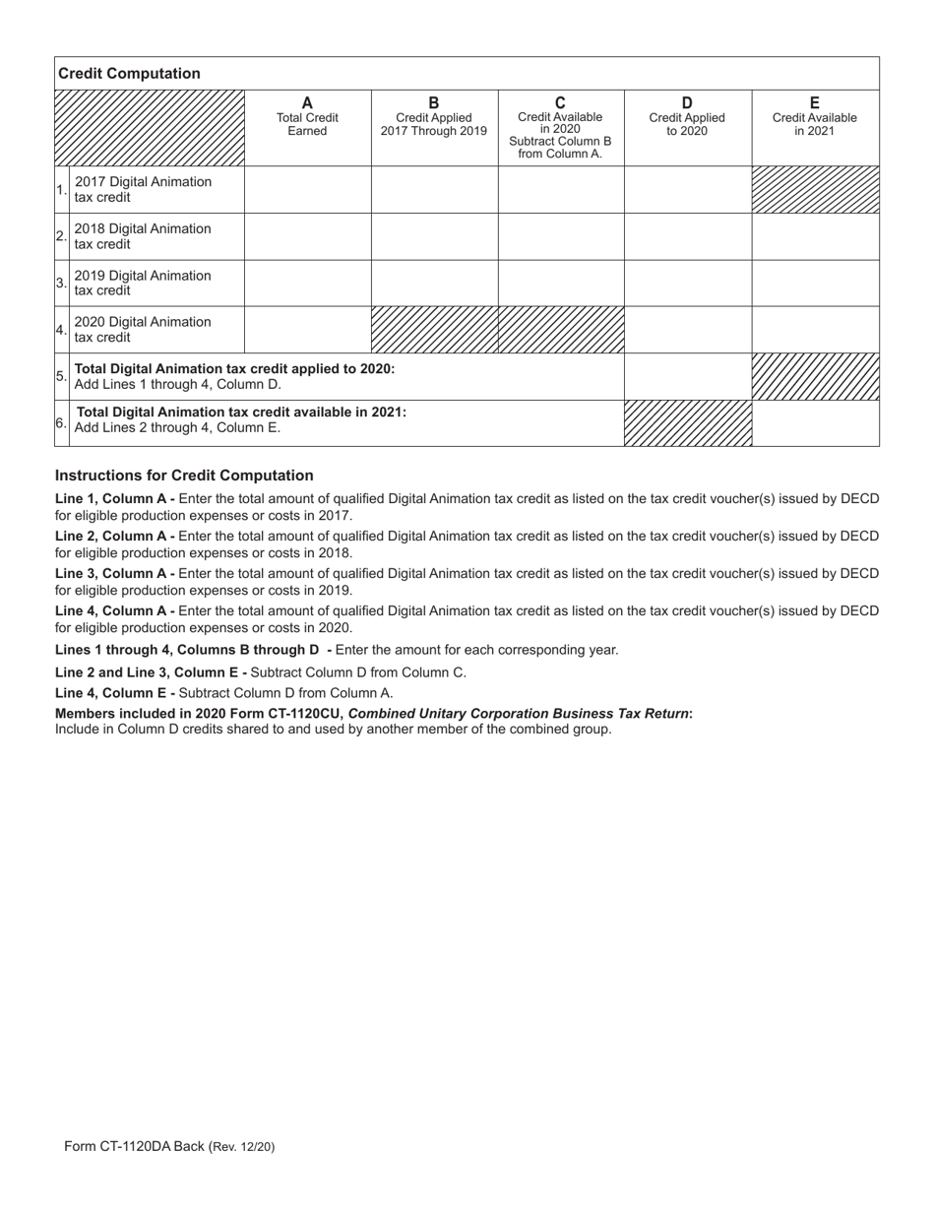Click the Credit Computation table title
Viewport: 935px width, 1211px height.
tap(129, 74)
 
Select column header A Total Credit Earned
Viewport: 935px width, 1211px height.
tap(307, 117)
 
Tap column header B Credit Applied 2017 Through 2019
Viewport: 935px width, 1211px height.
tap(434, 117)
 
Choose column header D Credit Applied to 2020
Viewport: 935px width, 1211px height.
tap(687, 117)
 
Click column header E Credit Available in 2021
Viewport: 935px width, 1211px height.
tap(814, 117)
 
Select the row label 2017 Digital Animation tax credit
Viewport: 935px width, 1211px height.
tap(143, 189)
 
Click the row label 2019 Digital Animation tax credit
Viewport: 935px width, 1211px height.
tap(143, 283)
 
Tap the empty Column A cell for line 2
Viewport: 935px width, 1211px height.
tap(307, 236)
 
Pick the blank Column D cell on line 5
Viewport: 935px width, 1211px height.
tap(688, 376)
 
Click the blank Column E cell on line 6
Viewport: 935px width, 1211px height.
tap(815, 423)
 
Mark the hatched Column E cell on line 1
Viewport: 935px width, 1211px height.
tap(815, 189)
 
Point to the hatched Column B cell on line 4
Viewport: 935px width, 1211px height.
tap(434, 330)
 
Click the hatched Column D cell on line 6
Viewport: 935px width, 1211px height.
tap(688, 423)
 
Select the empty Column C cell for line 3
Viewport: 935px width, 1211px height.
tap(561, 283)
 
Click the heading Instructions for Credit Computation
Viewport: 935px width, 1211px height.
tap(184, 476)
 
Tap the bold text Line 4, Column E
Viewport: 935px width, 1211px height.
tap(115, 693)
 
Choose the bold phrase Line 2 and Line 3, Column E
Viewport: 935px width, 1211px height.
tap(151, 672)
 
